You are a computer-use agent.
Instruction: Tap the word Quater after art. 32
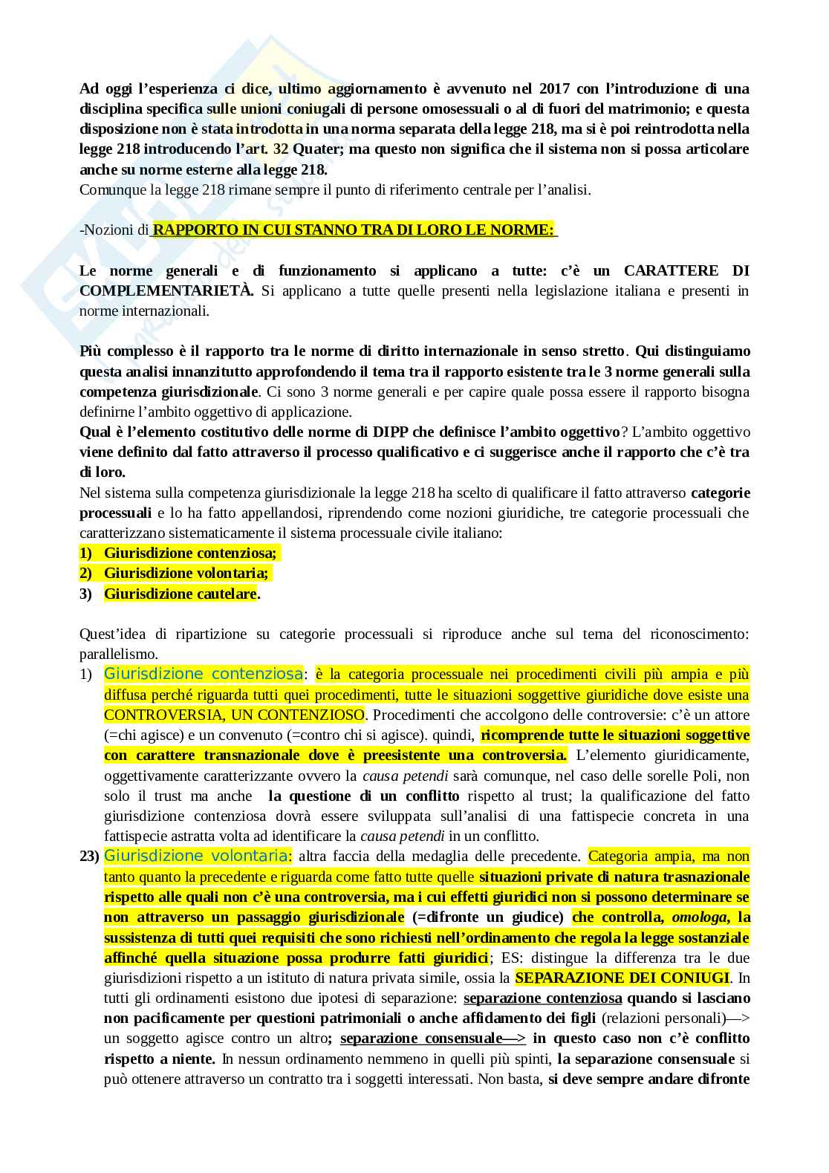click(x=317, y=149)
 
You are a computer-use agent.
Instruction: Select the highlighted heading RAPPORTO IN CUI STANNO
click(x=354, y=230)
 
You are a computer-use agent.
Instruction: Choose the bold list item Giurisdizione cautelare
click(x=180, y=594)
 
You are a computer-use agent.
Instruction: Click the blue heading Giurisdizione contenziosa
click(x=203, y=675)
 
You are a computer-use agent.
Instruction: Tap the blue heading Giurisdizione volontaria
click(x=195, y=856)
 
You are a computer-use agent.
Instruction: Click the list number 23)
click(x=89, y=857)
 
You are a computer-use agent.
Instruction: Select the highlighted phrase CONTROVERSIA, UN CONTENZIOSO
click(x=234, y=715)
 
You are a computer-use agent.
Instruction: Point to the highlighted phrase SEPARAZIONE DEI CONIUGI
click(x=622, y=978)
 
